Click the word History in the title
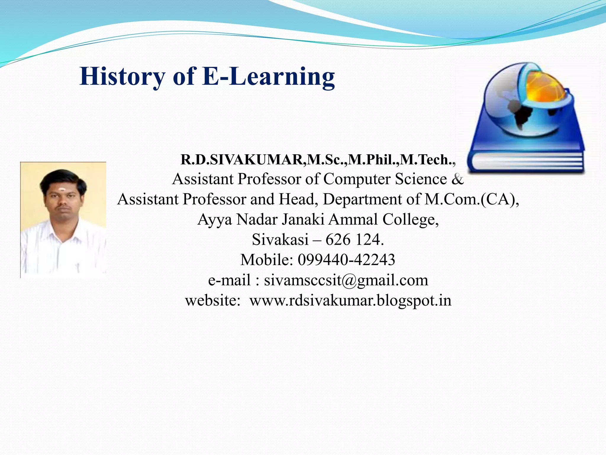tap(122, 76)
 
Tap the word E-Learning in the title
tap(268, 76)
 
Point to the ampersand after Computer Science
tap(457, 179)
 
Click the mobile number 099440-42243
tap(346, 260)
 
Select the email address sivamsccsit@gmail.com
tap(346, 280)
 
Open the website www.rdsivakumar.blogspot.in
tap(350, 300)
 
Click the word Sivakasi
tap(280, 240)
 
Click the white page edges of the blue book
tap(527, 163)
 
